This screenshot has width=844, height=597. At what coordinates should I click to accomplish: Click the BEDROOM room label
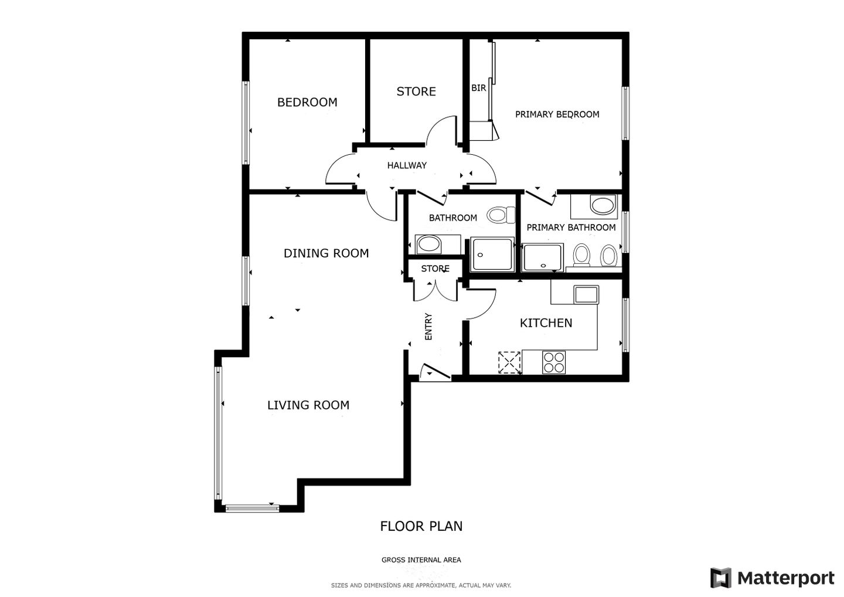coord(307,102)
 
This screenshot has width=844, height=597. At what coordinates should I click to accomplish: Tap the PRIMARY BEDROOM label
coord(557,114)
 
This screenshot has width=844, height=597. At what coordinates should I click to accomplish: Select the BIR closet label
coord(478,88)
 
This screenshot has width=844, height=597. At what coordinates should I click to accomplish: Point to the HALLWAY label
coord(407,165)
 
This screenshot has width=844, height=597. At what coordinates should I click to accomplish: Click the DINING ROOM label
coord(326,253)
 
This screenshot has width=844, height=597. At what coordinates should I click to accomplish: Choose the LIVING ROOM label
coord(308,405)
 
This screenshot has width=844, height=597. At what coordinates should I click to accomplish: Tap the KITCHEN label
coord(546,323)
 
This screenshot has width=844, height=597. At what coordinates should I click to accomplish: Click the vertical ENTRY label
coord(428,327)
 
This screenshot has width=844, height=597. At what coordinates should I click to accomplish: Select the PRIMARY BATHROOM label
coord(571,228)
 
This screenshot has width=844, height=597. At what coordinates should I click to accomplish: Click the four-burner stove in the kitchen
coord(554,362)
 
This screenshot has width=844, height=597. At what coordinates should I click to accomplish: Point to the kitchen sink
coord(586,294)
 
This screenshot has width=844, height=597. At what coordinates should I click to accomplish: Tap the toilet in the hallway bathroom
coord(501,215)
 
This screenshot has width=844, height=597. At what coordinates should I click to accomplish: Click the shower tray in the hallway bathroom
coord(492,254)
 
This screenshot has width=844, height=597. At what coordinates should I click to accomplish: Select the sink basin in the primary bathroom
coord(603,205)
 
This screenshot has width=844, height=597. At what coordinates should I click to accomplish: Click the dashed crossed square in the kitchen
coord(509,362)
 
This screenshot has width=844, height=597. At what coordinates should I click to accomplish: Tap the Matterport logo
coord(772,578)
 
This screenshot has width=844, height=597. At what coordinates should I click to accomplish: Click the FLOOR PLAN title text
coord(421,526)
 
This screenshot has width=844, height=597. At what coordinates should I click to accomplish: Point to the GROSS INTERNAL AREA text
coord(421,559)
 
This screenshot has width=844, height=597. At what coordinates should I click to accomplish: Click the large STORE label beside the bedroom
coord(416,91)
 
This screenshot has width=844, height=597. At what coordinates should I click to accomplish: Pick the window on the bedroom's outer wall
coord(246,123)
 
